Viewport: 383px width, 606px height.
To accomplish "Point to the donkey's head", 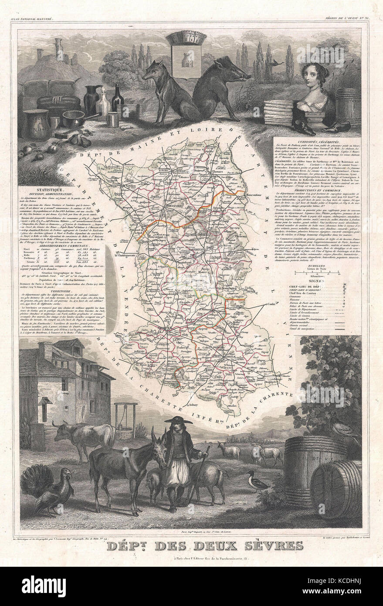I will pos(157,445).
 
